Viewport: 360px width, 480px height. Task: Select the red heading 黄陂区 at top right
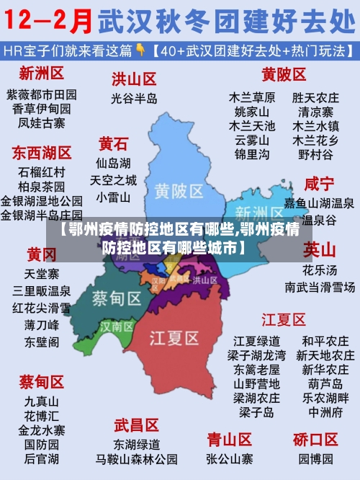284,74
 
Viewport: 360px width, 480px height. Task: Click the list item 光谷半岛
134,98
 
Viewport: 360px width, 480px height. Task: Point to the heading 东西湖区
41,153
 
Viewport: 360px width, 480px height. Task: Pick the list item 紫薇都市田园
41,94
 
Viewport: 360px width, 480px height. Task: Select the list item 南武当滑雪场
320,287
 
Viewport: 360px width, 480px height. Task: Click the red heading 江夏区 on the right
284,319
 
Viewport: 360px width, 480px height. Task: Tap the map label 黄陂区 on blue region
179,190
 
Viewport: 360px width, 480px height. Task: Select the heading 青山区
229,439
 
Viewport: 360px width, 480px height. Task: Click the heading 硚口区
315,439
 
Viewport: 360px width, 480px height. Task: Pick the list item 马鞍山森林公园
136,458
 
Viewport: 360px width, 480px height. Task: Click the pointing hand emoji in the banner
142,50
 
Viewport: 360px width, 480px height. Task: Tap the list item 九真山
41,401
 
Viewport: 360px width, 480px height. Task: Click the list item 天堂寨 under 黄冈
41,274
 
